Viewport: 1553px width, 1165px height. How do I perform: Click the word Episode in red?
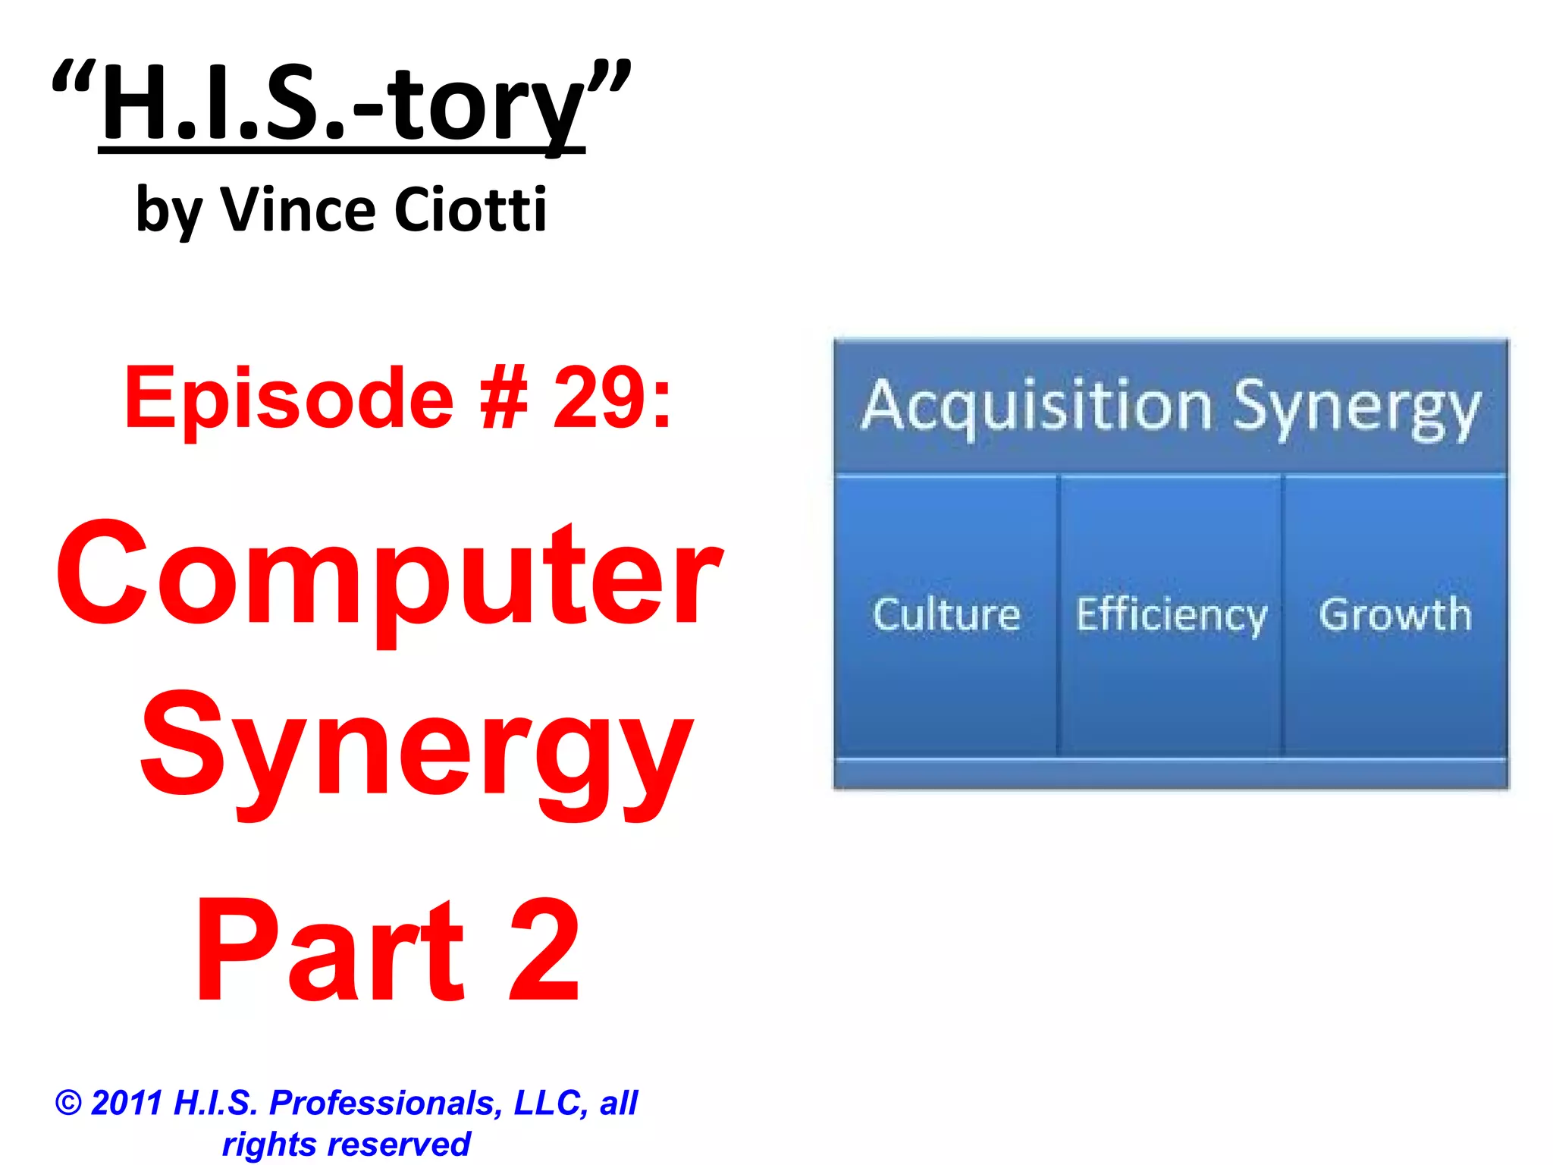289,398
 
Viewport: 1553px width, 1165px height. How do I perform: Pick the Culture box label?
946,614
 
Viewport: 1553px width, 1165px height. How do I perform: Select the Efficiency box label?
1171,615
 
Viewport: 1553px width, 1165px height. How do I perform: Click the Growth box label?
1395,614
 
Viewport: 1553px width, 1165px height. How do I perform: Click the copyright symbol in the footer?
68,1103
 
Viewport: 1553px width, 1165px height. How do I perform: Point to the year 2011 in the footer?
127,1103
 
